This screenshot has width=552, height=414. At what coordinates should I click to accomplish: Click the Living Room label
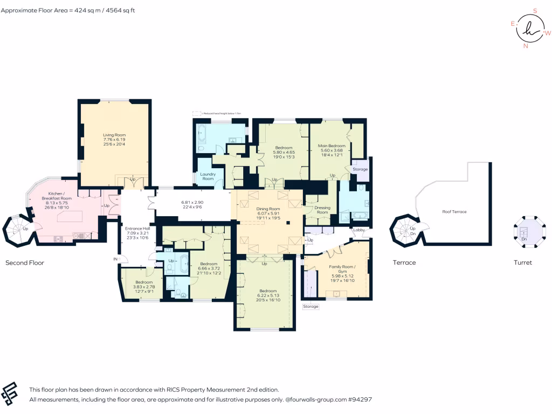click(x=114, y=135)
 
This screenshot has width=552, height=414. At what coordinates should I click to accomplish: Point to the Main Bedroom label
click(x=332, y=146)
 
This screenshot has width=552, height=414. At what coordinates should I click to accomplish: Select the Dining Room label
click(x=267, y=209)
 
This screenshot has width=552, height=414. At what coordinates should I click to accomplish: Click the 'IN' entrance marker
click(x=115, y=259)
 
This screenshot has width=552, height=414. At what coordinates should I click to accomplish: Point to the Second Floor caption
click(x=24, y=263)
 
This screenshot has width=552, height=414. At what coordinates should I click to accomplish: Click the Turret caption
click(x=523, y=263)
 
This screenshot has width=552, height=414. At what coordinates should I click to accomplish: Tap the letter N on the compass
click(x=525, y=46)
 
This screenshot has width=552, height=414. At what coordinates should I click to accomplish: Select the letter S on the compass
click(x=535, y=10)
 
